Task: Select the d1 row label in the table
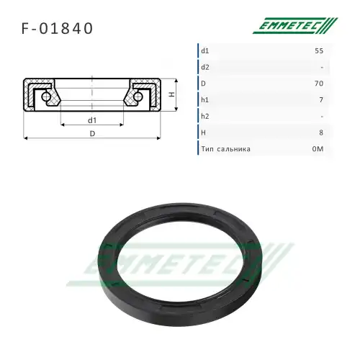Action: point(205,50)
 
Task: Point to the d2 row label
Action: point(205,67)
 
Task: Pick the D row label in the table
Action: point(204,84)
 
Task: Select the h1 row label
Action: point(205,100)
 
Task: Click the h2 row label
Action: point(205,117)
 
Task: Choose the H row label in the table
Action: point(204,133)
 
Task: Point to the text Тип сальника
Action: point(226,150)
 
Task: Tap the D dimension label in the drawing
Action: point(91,132)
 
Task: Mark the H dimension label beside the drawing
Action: point(171,94)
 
